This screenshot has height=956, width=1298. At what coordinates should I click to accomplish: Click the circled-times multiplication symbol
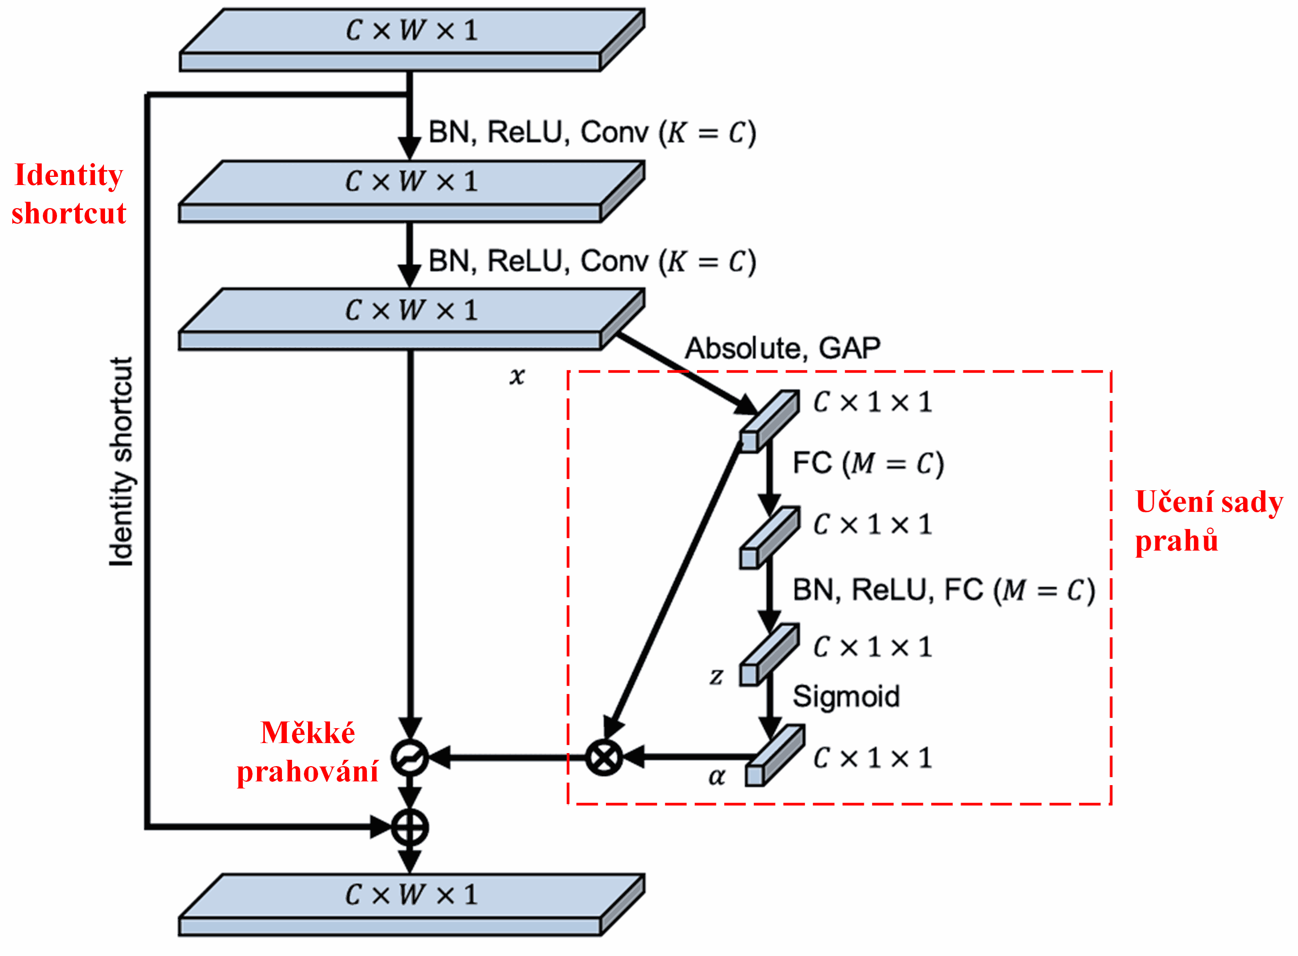tap(603, 758)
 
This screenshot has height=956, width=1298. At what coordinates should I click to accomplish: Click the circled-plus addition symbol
tap(409, 828)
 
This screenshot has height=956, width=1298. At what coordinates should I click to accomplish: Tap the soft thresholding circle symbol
tap(409, 758)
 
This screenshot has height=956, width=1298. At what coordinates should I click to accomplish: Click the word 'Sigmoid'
tap(845, 696)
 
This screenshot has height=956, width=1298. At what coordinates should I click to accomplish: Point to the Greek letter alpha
tap(716, 777)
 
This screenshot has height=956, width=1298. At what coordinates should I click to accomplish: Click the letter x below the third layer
tap(517, 376)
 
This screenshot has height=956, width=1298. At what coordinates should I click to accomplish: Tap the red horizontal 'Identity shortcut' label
tap(68, 194)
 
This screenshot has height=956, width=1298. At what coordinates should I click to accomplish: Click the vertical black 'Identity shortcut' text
tap(121, 461)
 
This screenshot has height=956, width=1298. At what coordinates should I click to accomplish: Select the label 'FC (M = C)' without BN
tap(867, 463)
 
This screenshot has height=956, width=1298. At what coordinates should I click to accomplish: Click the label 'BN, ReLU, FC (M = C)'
tap(943, 591)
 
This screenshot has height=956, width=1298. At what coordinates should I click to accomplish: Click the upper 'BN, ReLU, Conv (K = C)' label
tap(592, 133)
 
